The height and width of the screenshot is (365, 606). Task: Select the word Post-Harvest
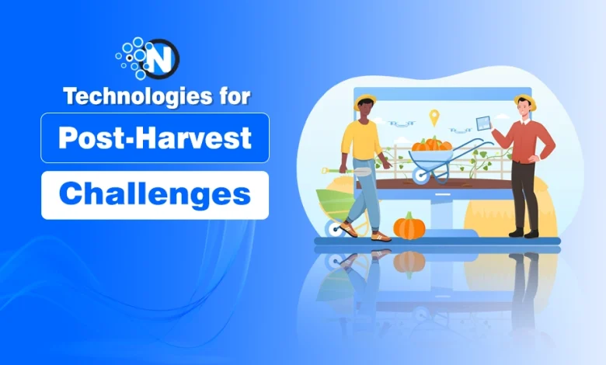pos(155,138)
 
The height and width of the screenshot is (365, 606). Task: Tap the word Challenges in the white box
pos(155,194)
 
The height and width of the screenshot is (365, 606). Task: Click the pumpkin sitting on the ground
pos(409,226)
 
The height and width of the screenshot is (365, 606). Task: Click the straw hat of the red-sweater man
pos(525,101)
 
